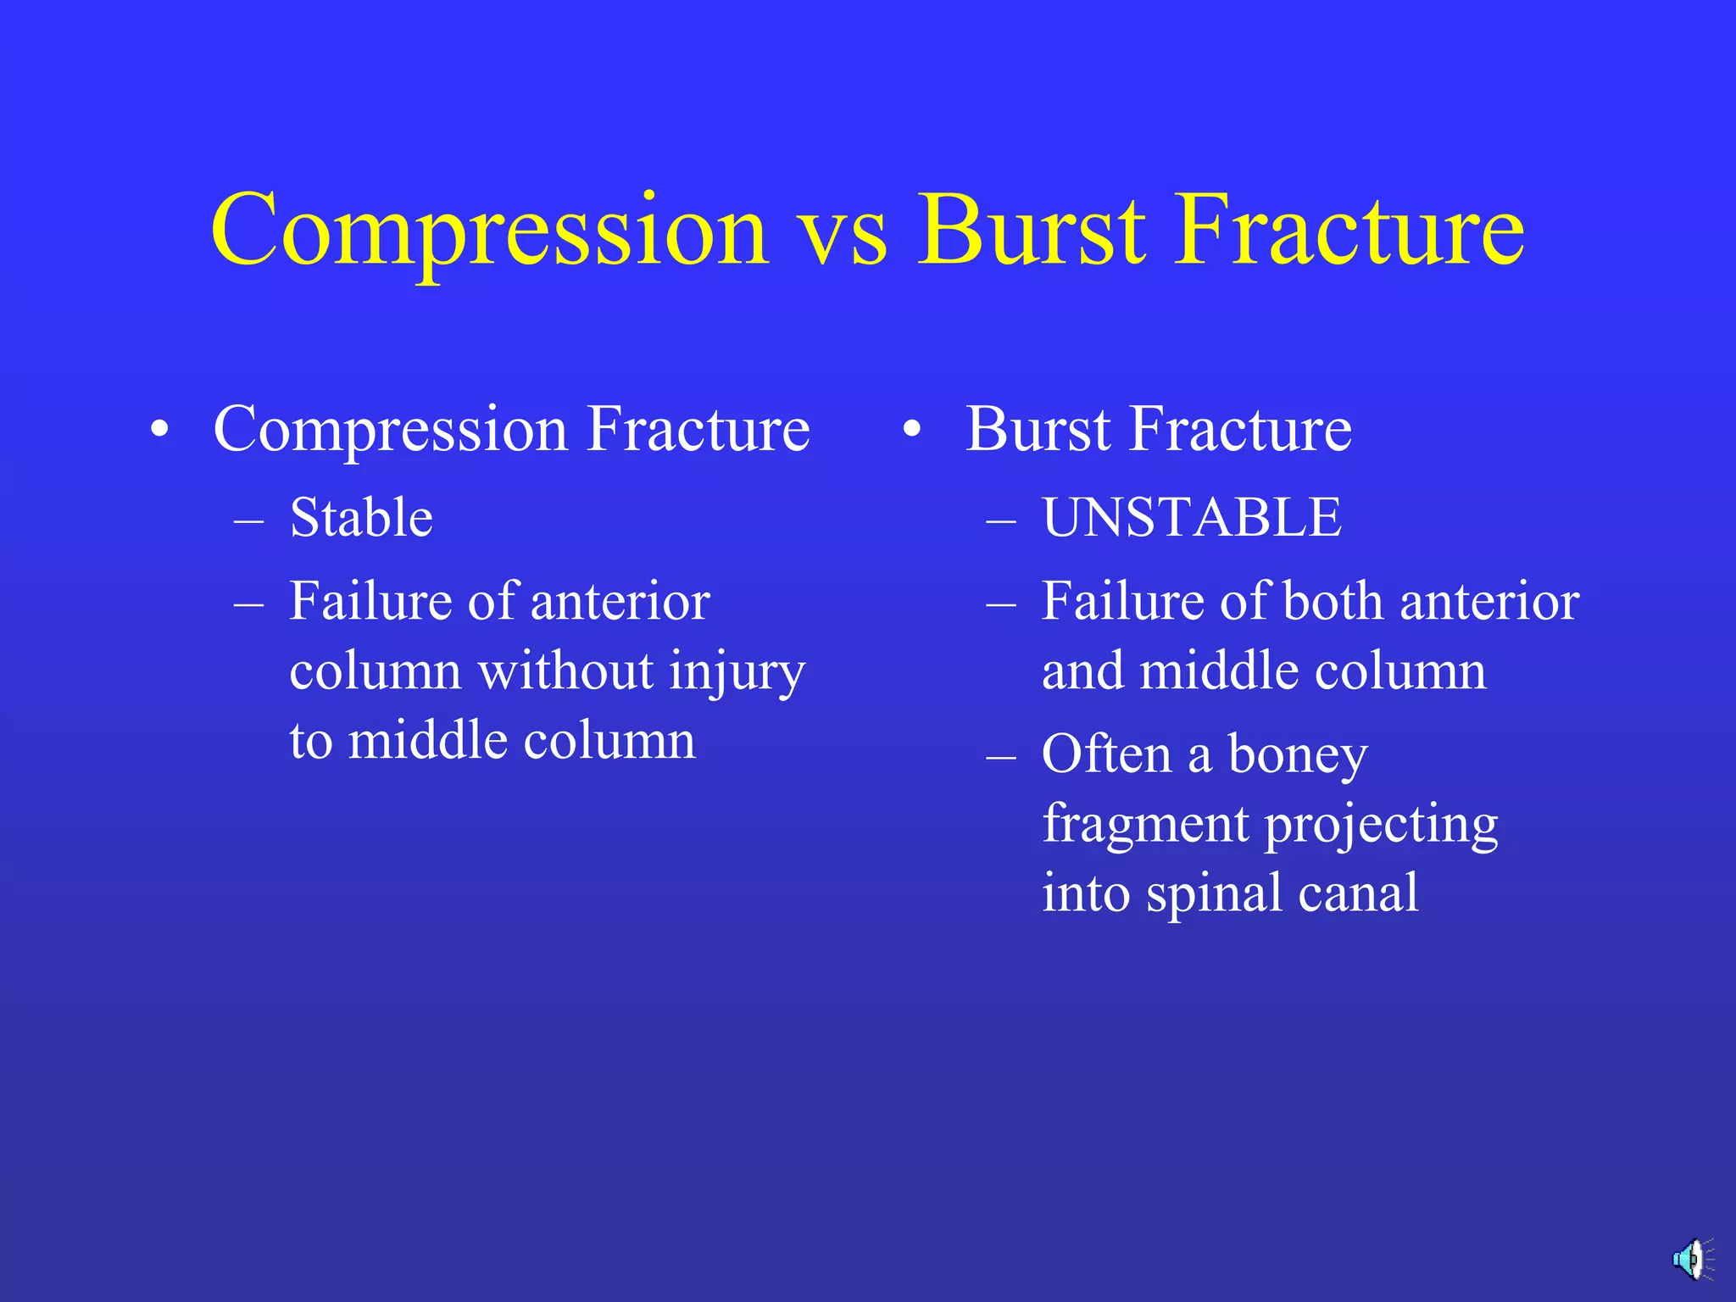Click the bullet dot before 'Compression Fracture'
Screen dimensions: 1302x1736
[159, 430]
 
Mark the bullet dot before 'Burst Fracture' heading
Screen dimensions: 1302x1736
[911, 430]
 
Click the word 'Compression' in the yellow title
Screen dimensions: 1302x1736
[489, 232]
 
